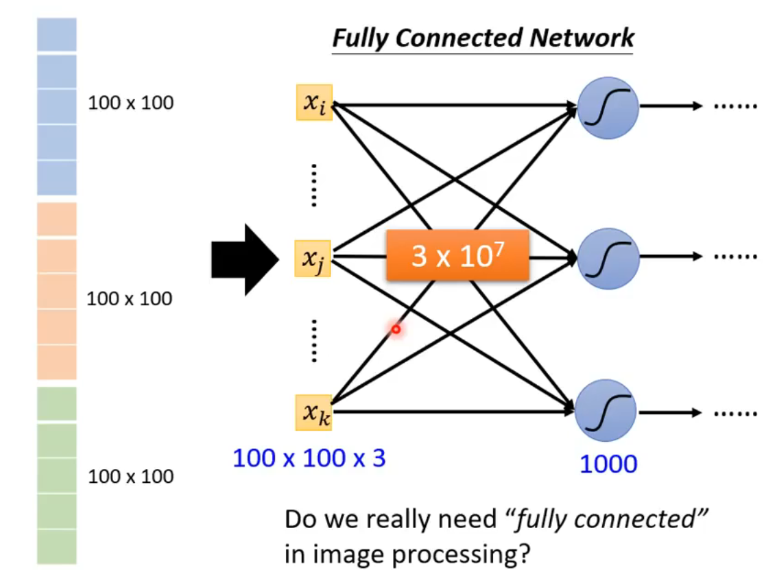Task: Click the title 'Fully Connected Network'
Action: coord(483,37)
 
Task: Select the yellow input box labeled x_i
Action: coord(315,103)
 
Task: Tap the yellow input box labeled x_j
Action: coord(313,258)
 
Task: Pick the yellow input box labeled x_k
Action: coord(315,412)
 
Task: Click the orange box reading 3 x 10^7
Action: coord(457,256)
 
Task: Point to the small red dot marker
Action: coord(396,330)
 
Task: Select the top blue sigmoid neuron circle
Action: coord(608,106)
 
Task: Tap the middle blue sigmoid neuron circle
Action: coord(608,258)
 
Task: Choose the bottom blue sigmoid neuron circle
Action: coord(606,412)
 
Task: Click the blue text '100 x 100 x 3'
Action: coord(309,458)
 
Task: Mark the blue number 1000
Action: coord(608,464)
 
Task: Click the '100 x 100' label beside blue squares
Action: coord(131,103)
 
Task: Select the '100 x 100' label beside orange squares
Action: coord(130,298)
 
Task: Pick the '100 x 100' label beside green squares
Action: coord(131,476)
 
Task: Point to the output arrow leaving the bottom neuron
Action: coord(671,412)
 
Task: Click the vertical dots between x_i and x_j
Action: coord(313,185)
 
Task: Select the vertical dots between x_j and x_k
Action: coord(313,340)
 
